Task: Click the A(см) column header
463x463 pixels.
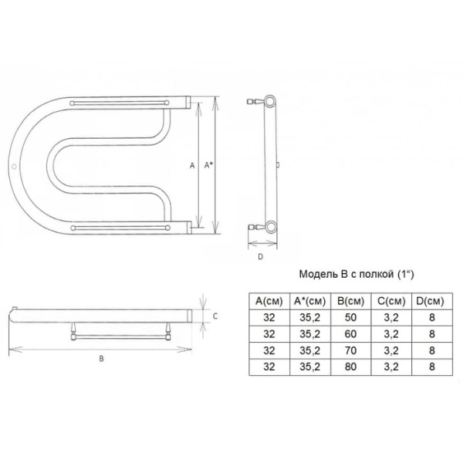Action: (269, 301)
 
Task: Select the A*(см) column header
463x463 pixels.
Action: (310, 301)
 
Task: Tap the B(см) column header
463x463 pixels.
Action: (350, 301)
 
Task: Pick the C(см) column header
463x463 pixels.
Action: (391, 301)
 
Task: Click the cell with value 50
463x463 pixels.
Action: (350, 317)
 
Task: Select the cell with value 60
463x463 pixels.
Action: (350, 334)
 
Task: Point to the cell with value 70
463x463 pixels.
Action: (350, 350)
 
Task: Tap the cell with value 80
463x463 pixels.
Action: (350, 367)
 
